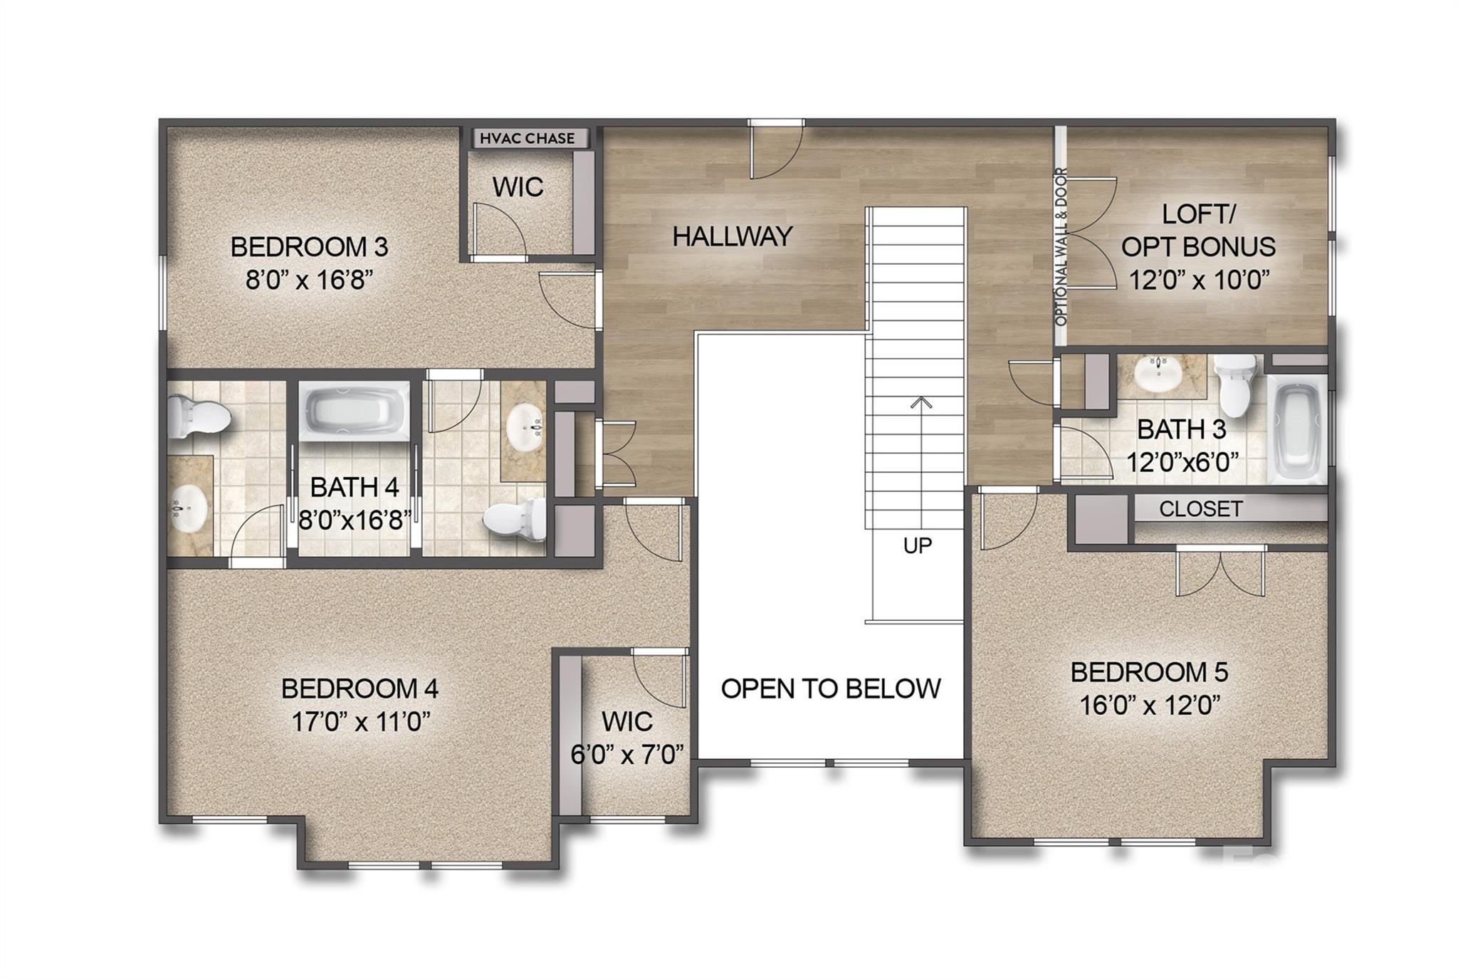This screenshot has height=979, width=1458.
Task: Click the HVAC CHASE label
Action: [527, 138]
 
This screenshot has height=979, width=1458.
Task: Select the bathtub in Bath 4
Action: [355, 412]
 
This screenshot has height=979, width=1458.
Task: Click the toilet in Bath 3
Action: [1237, 384]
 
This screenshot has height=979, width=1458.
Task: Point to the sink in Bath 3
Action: [1161, 374]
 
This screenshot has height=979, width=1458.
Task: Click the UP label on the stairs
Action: [917, 545]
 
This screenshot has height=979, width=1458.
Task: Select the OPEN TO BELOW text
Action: [831, 689]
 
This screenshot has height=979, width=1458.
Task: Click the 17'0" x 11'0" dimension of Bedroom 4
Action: [361, 722]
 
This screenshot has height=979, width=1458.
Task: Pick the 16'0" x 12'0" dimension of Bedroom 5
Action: [1150, 706]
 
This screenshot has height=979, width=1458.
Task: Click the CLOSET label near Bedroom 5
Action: [1200, 509]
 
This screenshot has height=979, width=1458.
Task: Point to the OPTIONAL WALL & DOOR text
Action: [1061, 246]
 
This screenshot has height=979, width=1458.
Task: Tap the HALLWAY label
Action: [732, 236]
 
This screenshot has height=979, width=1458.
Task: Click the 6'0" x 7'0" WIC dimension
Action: [627, 754]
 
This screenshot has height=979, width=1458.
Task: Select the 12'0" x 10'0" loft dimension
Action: [1200, 280]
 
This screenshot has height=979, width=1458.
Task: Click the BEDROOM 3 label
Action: [309, 247]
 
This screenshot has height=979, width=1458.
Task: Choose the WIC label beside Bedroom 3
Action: [518, 187]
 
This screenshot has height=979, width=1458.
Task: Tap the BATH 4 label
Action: [354, 488]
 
